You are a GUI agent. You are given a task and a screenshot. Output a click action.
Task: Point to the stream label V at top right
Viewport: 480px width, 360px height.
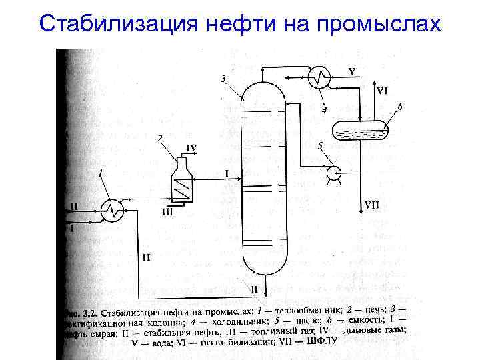[x=351, y=71]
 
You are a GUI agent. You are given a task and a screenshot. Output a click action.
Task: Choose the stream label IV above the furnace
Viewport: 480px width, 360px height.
[x=191, y=148]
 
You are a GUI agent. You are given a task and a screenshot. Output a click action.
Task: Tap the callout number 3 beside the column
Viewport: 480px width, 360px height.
[x=223, y=79]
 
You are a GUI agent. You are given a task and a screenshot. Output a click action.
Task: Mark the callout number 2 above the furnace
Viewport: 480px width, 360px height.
[x=159, y=138]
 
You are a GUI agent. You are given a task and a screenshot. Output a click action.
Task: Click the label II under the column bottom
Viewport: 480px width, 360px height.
[x=254, y=289]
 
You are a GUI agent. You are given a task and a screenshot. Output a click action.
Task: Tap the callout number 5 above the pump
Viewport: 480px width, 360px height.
[x=320, y=145]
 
